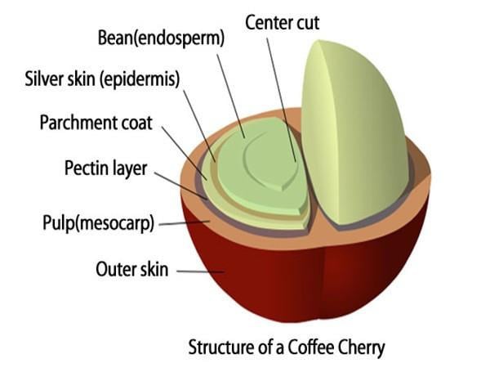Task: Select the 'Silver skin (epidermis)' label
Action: click(x=101, y=80)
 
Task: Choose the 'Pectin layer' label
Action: click(x=105, y=170)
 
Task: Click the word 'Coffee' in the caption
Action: click(x=298, y=346)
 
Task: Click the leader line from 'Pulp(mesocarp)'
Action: click(x=184, y=222)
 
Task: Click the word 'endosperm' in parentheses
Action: click(x=194, y=38)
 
